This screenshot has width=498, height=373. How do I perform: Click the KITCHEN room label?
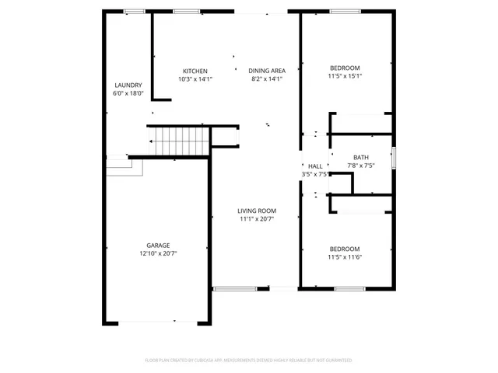195,71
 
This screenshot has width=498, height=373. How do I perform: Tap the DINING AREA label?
266,71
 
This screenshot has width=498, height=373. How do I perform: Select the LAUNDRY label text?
128,85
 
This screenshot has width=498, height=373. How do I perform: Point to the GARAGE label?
158,246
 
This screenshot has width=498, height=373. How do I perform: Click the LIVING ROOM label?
256,211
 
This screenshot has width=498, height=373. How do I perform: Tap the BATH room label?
360,157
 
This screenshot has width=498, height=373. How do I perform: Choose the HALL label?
315,166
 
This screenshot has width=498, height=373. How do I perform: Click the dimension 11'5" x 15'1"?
344,76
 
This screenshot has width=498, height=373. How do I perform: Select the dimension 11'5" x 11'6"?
344,257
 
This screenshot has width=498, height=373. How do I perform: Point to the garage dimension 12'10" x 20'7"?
158,254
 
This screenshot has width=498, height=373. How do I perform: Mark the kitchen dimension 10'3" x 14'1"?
195,79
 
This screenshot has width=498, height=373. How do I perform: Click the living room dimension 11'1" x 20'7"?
256,219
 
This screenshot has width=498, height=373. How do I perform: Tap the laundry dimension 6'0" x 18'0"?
128,93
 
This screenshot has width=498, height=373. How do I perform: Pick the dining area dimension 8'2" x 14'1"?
266,79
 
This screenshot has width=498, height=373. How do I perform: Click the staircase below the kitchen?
181,141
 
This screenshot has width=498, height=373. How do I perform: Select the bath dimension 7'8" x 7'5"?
360,166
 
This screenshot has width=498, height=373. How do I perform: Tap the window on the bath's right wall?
394,158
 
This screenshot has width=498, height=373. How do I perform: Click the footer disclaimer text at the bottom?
249,361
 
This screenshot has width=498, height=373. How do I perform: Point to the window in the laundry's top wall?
134,11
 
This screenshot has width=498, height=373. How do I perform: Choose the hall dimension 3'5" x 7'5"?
315,175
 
